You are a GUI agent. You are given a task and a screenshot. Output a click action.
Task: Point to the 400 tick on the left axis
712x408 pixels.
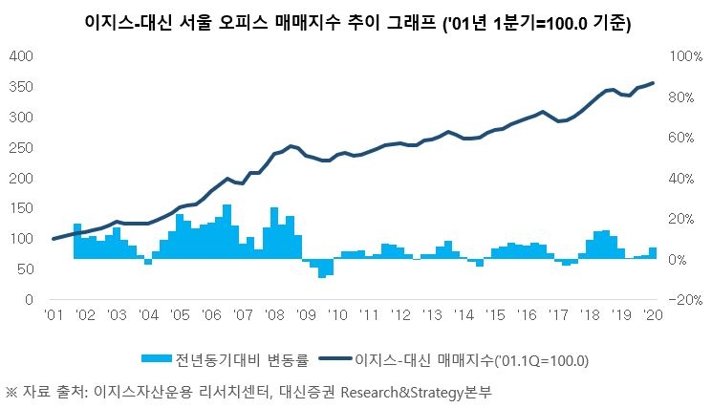coord(21,56)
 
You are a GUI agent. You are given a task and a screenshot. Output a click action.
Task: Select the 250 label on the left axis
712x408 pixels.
coord(21,147)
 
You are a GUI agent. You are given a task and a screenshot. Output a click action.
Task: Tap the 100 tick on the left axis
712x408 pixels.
coord(21,239)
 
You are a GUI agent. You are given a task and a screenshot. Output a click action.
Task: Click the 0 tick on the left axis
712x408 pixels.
coord(30,299)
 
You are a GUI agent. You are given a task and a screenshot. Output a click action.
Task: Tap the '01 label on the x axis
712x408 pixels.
coord(54,314)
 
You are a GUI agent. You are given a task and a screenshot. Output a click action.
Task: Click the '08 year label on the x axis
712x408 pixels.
coord(274,314)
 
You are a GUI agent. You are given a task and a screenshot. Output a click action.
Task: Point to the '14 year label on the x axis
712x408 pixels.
coord(464,314)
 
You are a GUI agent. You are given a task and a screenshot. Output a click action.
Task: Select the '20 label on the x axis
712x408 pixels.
coord(653,314)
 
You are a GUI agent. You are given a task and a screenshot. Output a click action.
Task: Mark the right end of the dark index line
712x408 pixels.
coord(653,83)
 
